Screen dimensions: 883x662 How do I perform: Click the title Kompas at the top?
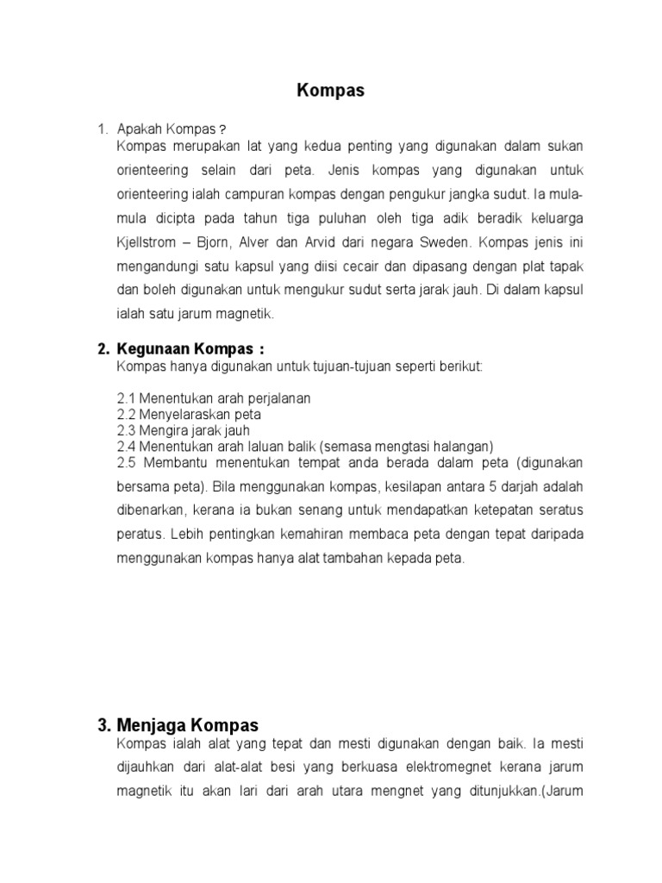pos(331,91)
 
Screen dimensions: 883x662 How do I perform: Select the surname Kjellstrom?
pos(150,241)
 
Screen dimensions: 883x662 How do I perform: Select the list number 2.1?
pos(126,398)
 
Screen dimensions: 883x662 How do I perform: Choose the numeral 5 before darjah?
pos(456,485)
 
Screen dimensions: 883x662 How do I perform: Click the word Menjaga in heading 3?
pos(151,725)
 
